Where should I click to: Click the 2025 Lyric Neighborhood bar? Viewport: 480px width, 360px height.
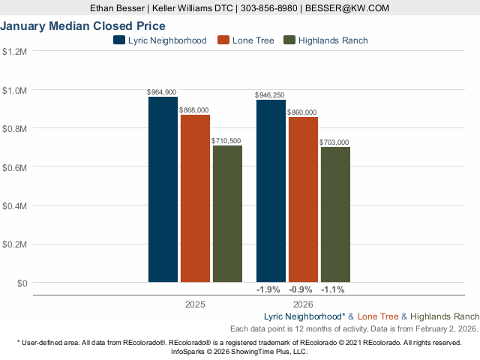pos(163,190)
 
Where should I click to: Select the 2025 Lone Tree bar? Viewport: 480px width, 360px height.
pos(195,199)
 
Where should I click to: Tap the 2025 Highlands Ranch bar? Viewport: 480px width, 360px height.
pos(227,214)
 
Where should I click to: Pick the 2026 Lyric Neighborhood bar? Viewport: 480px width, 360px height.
pos(271,191)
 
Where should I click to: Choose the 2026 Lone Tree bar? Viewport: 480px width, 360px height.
pos(303,199)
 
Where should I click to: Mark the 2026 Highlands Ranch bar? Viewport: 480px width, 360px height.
pos(335,214)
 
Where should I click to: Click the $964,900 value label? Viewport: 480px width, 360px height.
pos(162,92)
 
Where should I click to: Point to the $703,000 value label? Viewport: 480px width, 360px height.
pos(334,142)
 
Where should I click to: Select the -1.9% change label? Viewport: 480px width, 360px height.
pos(268,289)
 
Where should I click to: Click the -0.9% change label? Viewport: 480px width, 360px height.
pos(301,289)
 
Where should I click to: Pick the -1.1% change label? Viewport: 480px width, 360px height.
pos(333,289)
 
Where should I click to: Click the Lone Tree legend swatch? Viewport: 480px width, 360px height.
pos(222,40)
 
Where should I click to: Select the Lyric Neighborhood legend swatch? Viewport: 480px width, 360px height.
pos(119,40)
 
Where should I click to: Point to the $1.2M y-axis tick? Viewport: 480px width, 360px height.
pos(15,52)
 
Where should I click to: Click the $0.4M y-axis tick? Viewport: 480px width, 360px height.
pos(15,206)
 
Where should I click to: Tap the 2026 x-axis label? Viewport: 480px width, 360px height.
pos(303,305)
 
